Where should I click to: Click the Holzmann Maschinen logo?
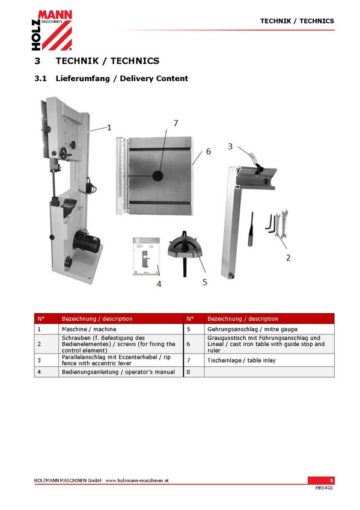click(x=52, y=30)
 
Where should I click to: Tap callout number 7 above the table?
click(x=175, y=123)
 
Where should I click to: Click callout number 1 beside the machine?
click(x=109, y=127)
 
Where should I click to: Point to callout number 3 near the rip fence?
click(x=230, y=146)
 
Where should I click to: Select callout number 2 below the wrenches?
click(x=288, y=257)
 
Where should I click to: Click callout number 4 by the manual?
click(x=159, y=284)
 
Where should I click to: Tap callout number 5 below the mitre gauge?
click(x=205, y=282)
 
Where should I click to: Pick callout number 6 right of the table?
click(x=209, y=151)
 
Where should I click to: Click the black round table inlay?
click(x=157, y=176)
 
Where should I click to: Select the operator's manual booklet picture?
click(x=146, y=256)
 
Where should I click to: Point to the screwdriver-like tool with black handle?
click(x=251, y=229)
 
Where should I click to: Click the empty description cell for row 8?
click(x=269, y=372)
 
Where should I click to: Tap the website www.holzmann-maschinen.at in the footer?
click(x=137, y=481)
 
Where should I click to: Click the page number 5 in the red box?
click(x=331, y=481)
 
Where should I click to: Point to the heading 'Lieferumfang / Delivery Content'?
click(x=122, y=79)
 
